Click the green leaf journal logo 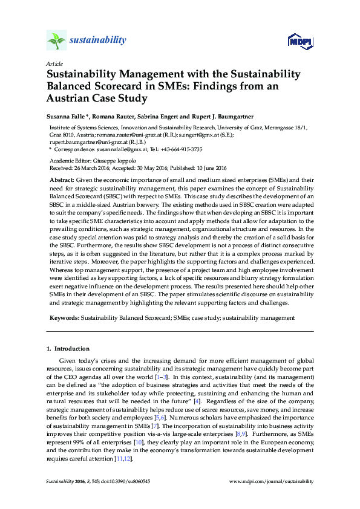tap(56, 41)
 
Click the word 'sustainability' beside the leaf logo tap(97, 41)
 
